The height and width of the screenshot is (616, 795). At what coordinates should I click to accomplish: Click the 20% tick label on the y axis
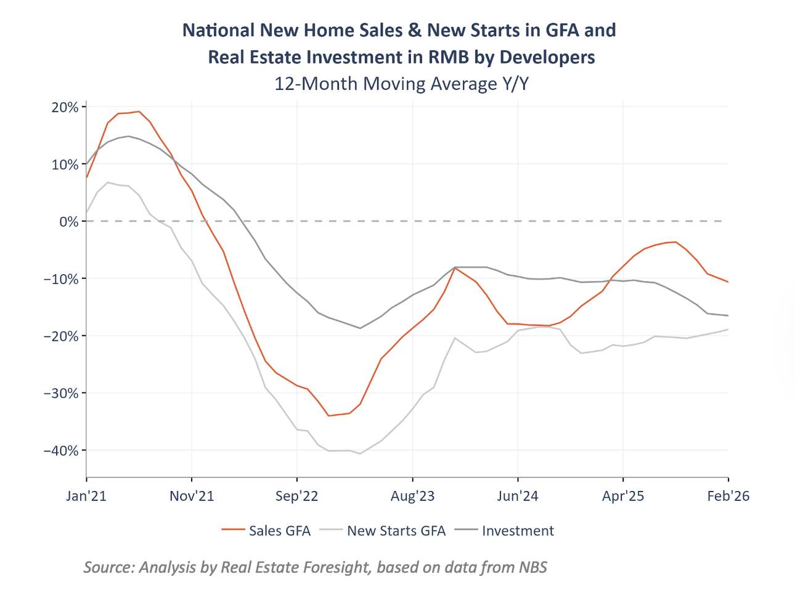click(x=65, y=107)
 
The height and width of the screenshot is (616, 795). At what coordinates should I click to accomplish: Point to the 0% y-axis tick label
click(x=69, y=221)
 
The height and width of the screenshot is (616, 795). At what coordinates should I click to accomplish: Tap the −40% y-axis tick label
click(x=61, y=450)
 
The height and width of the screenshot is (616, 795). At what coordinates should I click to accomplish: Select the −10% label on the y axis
click(x=61, y=278)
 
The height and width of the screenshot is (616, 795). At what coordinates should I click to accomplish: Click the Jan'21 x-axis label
click(x=86, y=496)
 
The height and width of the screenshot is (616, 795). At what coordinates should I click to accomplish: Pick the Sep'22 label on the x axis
click(x=297, y=496)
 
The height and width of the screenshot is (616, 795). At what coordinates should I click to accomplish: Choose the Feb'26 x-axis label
click(x=728, y=496)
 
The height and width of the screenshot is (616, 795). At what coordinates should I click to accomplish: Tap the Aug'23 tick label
click(x=412, y=496)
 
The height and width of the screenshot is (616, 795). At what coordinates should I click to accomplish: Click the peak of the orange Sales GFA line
click(x=139, y=111)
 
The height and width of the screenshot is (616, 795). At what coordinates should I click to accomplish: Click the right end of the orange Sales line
click(x=728, y=282)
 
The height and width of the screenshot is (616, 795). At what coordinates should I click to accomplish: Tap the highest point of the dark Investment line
click(x=128, y=136)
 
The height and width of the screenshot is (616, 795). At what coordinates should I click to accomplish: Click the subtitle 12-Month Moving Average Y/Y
click(x=401, y=83)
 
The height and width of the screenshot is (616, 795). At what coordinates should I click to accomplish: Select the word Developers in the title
click(x=547, y=57)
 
